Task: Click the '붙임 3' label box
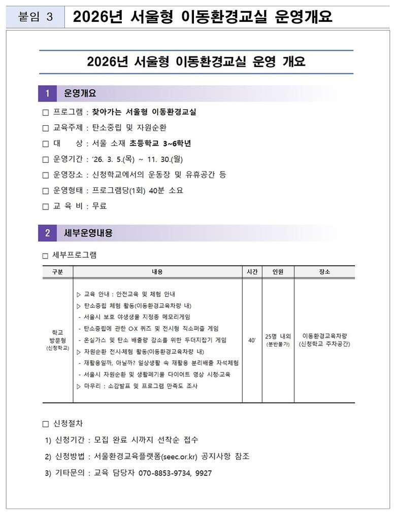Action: coord(35,17)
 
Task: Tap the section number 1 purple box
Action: coord(47,93)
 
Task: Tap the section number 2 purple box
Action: coord(47,233)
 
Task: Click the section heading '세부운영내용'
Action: coord(88,233)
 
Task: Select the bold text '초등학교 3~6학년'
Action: coord(160,144)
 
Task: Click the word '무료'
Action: coord(100,206)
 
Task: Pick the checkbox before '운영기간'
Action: coord(45,159)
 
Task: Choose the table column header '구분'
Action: coord(57,272)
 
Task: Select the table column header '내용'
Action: coord(157,272)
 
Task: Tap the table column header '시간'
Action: coord(252,272)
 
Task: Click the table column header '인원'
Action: coord(278,272)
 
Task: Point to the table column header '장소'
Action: coord(324,272)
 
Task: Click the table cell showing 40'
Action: coord(252,340)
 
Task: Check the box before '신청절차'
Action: coord(45,423)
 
